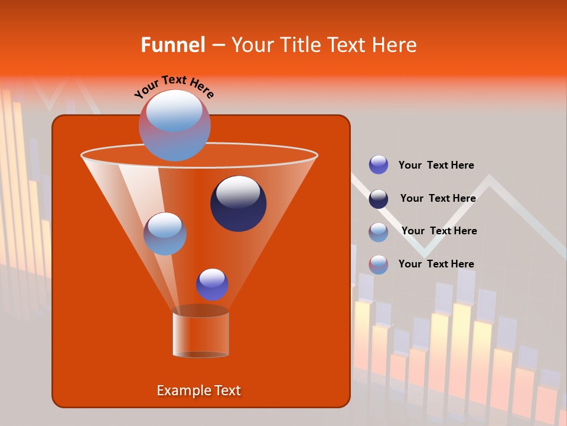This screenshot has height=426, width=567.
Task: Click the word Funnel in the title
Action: point(172,45)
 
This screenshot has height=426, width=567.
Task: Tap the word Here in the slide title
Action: point(393,45)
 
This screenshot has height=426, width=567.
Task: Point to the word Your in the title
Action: point(252,45)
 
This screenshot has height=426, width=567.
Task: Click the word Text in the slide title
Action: point(347,45)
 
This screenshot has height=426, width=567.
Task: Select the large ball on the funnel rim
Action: point(175,125)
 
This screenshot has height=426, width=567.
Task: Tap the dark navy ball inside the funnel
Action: point(238,204)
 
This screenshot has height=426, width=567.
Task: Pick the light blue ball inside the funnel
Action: point(165,234)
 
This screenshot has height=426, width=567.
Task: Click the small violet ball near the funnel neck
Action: point(212,285)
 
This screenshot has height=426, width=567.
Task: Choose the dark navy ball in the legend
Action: point(379,199)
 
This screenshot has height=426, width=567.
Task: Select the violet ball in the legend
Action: point(379,165)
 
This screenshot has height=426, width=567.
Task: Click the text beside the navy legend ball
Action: point(438,198)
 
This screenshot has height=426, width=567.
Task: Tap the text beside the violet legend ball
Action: point(436,166)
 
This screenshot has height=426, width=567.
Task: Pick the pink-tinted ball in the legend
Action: point(379,264)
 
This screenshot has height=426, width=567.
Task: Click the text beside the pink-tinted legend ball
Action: point(436,264)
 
